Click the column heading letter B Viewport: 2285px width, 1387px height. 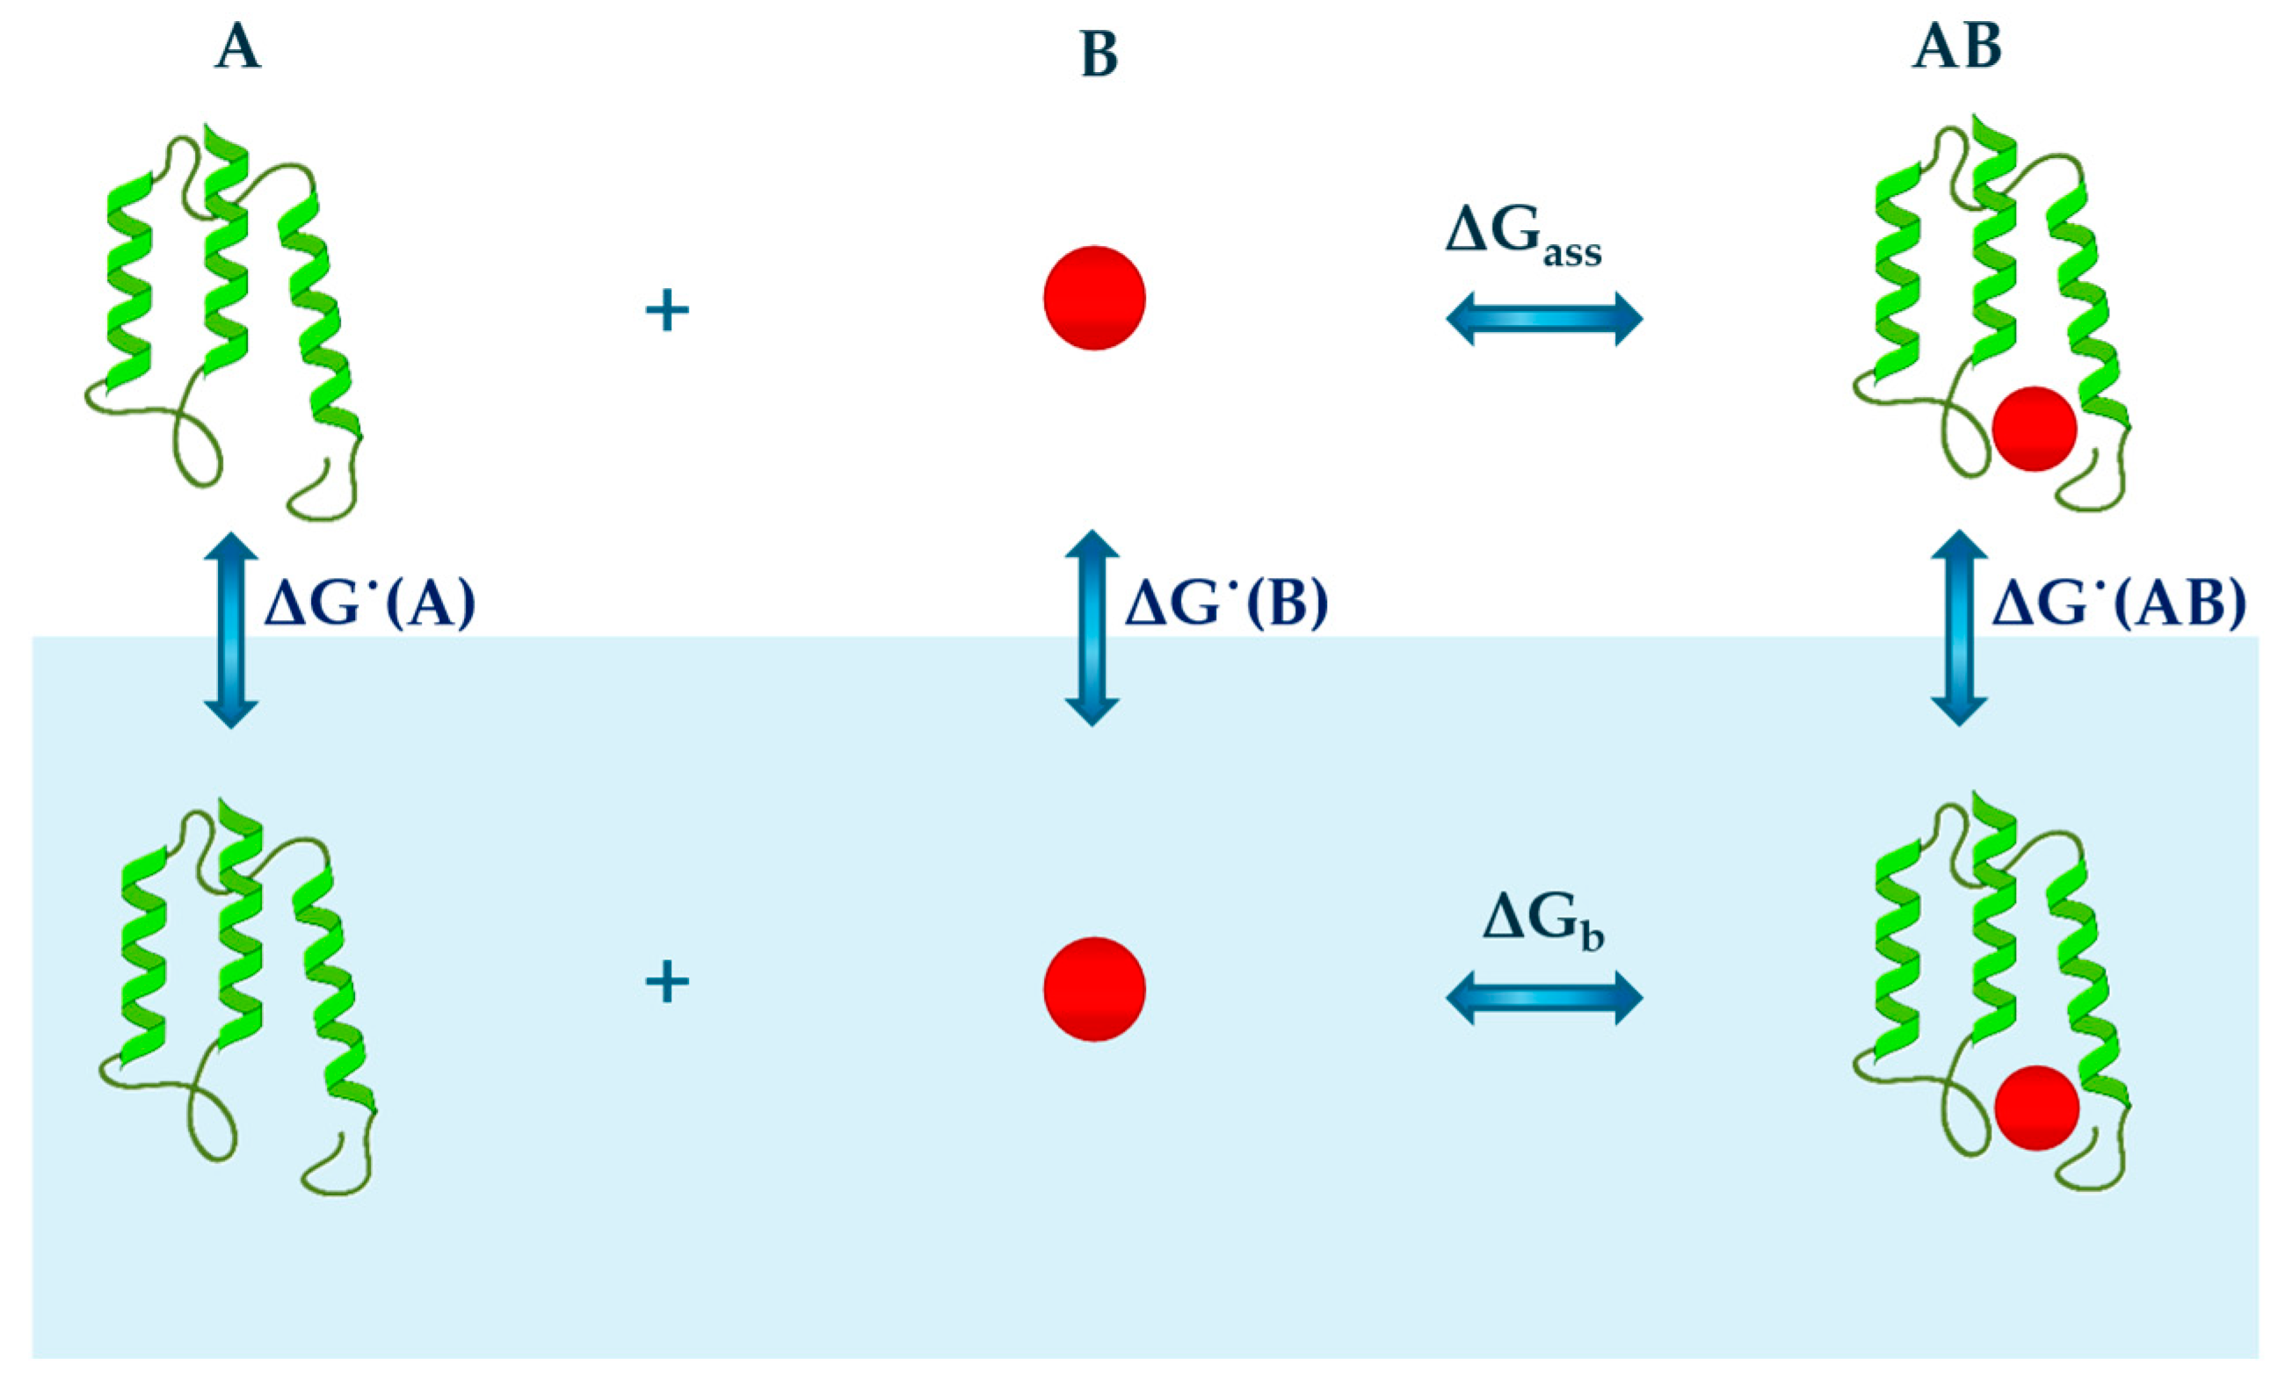click(1099, 55)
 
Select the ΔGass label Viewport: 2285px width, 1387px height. click(1523, 237)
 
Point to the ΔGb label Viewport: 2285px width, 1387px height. click(1543, 923)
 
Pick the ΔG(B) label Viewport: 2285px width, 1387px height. click(1226, 604)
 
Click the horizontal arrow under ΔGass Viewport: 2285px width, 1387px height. click(1544, 319)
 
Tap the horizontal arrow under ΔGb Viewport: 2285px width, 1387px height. click(1544, 998)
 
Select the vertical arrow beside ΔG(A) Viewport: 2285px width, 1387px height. click(230, 631)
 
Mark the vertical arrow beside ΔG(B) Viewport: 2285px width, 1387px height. click(1092, 628)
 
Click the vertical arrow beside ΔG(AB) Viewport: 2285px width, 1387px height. click(1958, 628)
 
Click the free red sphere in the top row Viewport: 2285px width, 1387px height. click(1094, 298)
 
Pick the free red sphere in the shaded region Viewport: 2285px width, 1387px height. click(1094, 989)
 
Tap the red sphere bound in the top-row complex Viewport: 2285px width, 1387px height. click(2034, 429)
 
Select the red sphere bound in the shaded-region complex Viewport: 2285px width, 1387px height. click(2036, 1108)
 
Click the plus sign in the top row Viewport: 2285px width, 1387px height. click(667, 311)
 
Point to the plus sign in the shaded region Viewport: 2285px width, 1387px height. click(667, 982)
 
